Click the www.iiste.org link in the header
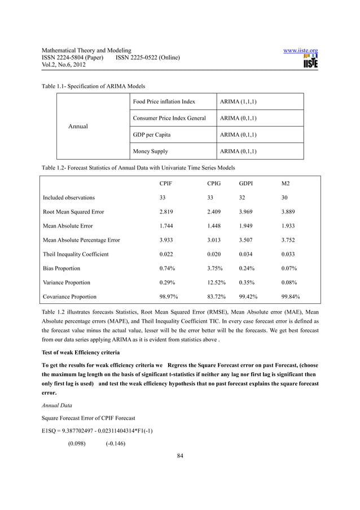point(300,51)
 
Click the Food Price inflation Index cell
point(164,102)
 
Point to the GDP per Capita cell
point(151,135)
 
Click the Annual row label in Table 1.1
point(78,127)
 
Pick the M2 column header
point(286,184)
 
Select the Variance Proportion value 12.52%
point(218,282)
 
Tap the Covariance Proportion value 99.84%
point(290,297)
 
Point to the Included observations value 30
point(285,198)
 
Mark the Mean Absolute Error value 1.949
point(247,226)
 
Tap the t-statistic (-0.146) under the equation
point(115,444)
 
